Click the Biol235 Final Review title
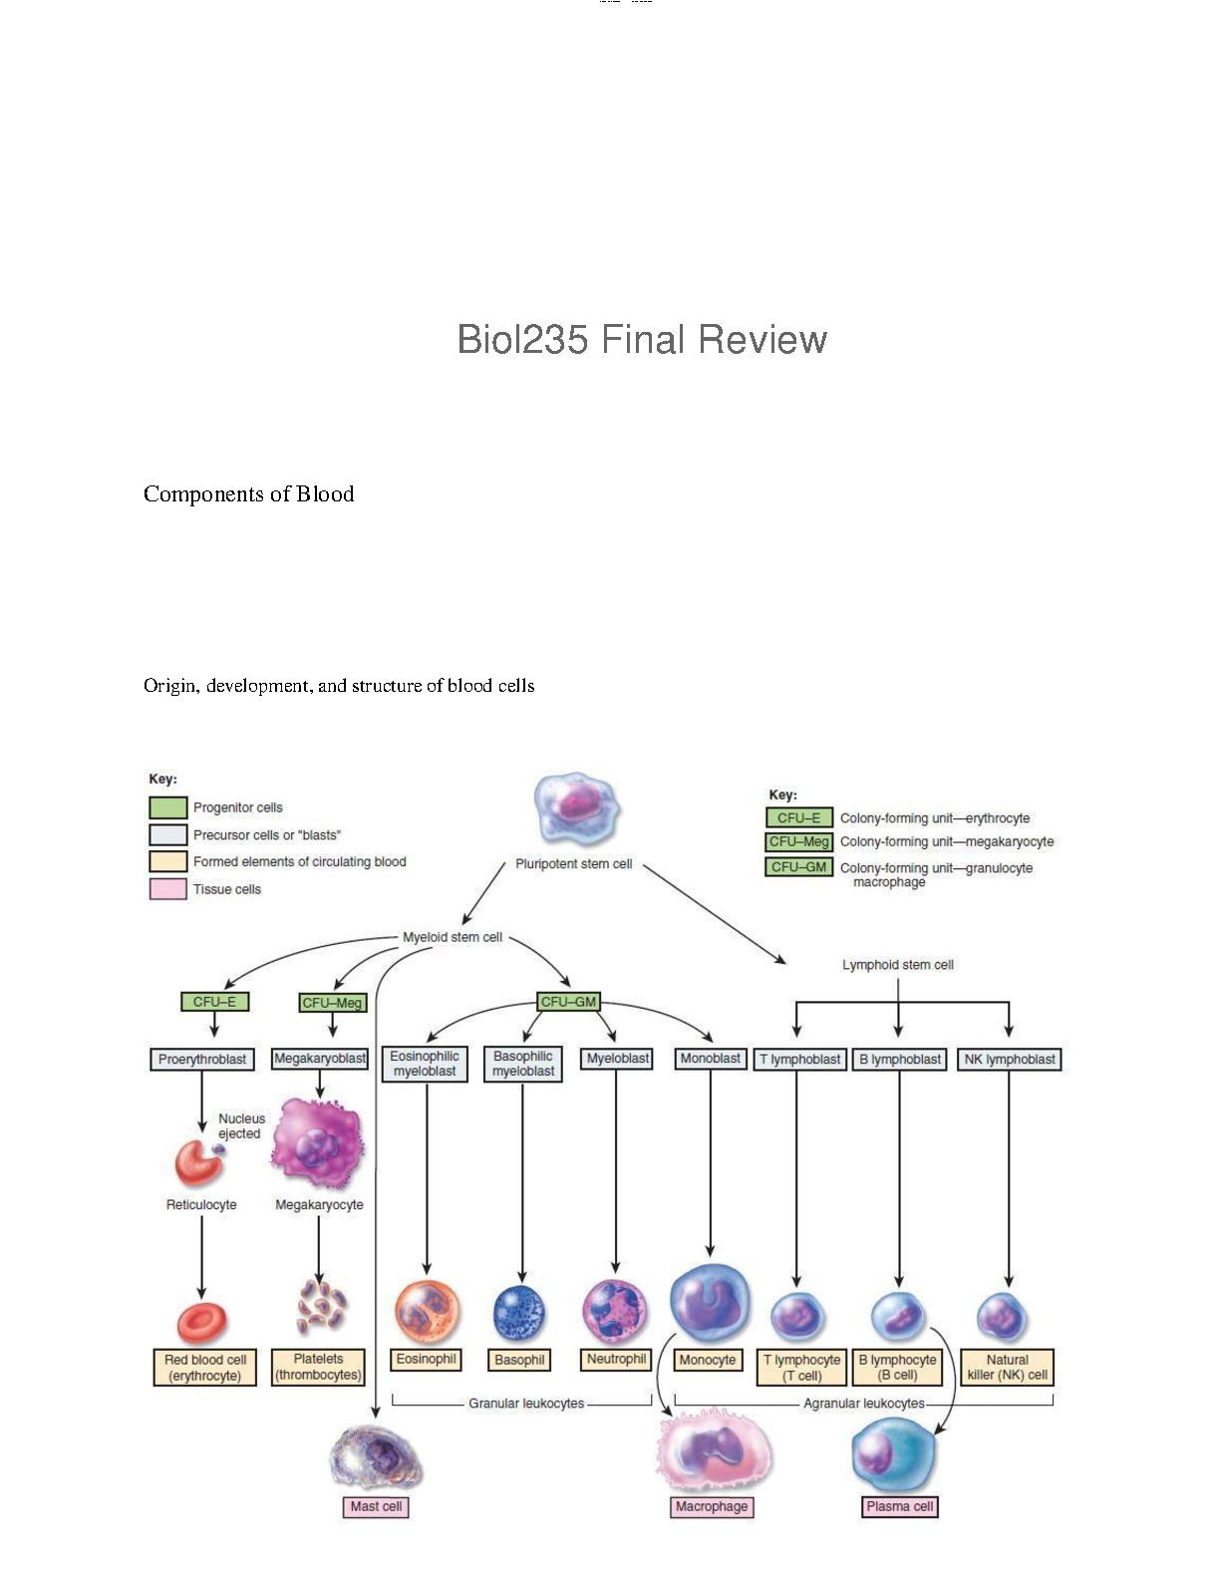pyautogui.click(x=642, y=339)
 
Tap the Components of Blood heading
pyautogui.click(x=248, y=494)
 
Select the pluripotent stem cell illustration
pyautogui.click(x=575, y=809)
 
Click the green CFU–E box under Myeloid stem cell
pyautogui.click(x=214, y=1002)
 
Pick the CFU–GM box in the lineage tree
pyautogui.click(x=568, y=1002)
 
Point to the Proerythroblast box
pyautogui.click(x=202, y=1060)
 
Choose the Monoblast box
pyautogui.click(x=710, y=1059)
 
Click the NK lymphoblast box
pyautogui.click(x=1010, y=1060)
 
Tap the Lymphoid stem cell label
pyautogui.click(x=897, y=965)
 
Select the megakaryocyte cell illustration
pyautogui.click(x=318, y=1143)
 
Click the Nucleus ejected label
pyautogui.click(x=241, y=1125)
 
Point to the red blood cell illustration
pyautogui.click(x=202, y=1322)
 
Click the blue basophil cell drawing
pyautogui.click(x=519, y=1313)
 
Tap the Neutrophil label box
pyautogui.click(x=616, y=1359)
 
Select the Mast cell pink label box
pyautogui.click(x=376, y=1506)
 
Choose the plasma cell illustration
pyautogui.click(x=894, y=1454)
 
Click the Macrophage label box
pyautogui.click(x=712, y=1506)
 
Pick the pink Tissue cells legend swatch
pyautogui.click(x=167, y=889)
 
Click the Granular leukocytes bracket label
pyautogui.click(x=526, y=1404)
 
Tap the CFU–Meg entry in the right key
pyautogui.click(x=798, y=841)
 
